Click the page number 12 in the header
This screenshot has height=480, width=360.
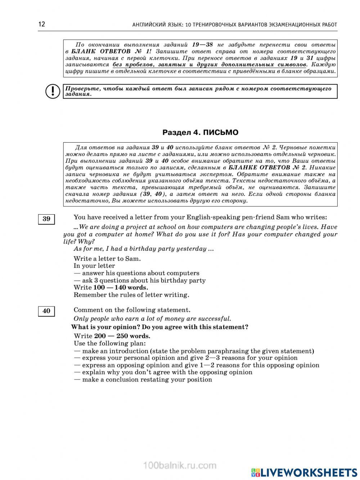pos(41,24)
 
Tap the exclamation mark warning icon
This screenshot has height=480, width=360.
pos(52,91)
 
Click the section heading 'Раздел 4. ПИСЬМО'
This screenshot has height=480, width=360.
pos(200,133)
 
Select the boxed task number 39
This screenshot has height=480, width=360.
pos(46,219)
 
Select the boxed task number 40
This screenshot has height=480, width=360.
pos(46,311)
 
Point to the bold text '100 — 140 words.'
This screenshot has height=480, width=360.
pos(121,287)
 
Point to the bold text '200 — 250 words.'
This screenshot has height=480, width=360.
pos(122,336)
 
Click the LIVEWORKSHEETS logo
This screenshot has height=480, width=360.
pos(304,472)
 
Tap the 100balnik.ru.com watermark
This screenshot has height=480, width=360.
pos(180,465)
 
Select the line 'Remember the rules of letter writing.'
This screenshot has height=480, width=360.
pos(131,295)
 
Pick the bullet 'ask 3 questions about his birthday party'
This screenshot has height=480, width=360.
pos(140,280)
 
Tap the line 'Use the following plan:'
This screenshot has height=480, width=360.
pos(109,343)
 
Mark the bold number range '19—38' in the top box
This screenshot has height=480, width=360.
pos(202,45)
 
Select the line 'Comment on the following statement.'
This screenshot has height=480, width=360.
pos(132,310)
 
